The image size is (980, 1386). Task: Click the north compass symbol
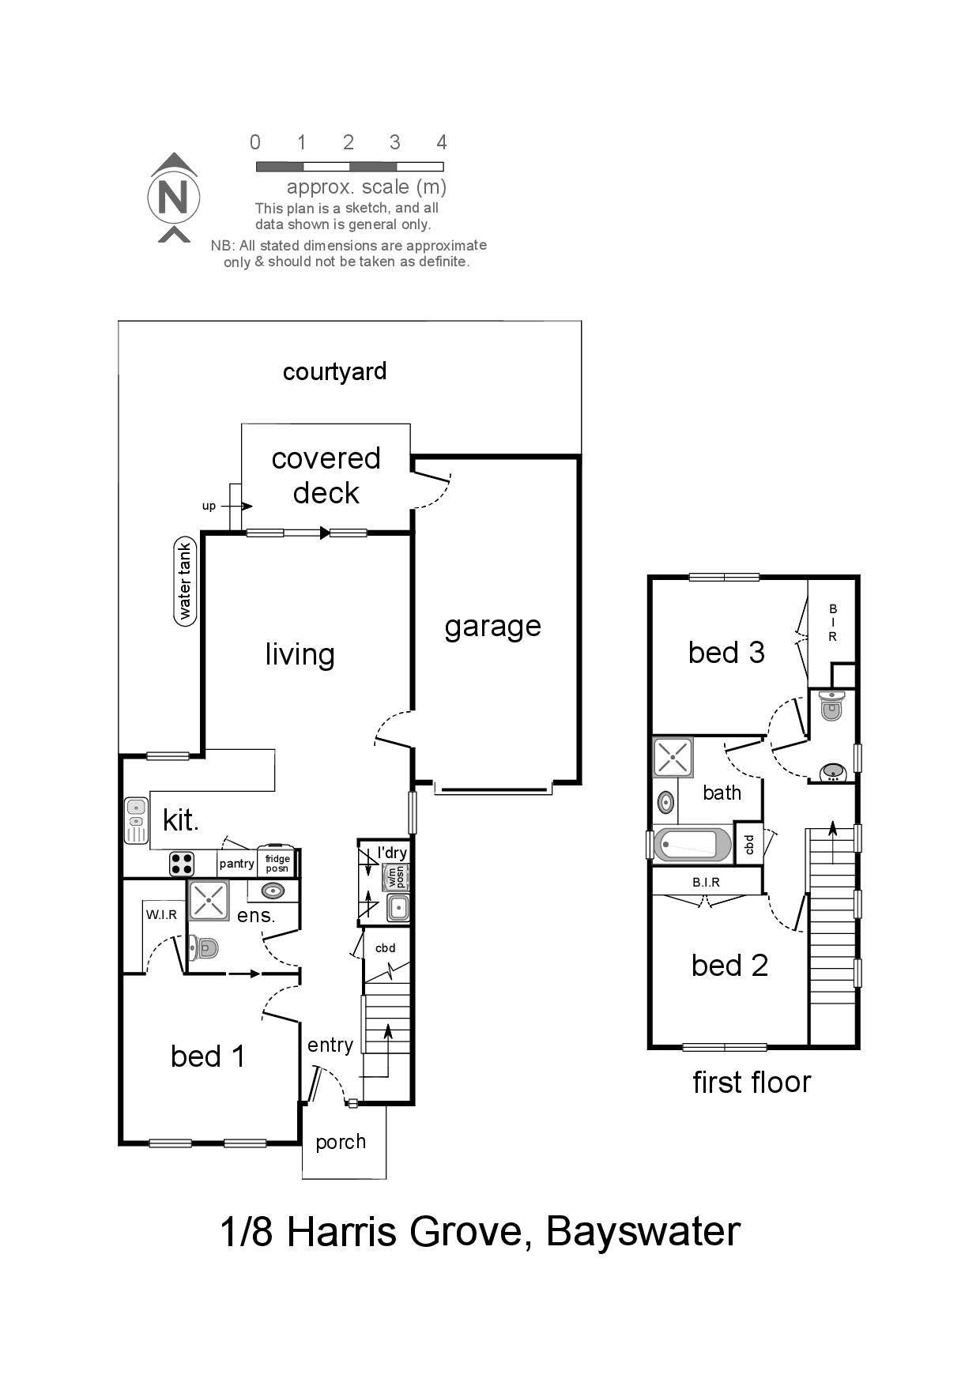[173, 198]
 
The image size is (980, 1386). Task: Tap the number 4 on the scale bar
[442, 142]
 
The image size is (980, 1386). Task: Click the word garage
[492, 627]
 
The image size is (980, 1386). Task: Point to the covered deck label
[326, 476]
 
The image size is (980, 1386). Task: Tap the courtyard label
[334, 371]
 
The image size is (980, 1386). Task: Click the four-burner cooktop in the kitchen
[181, 864]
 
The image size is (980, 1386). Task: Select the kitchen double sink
[136, 821]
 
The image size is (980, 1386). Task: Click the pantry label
[236, 864]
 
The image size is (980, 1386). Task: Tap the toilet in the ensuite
[203, 947]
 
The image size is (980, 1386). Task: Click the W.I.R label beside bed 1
[161, 915]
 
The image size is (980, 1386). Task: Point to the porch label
[341, 1142]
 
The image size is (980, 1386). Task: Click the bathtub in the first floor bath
[693, 844]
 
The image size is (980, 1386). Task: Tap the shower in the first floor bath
[673, 758]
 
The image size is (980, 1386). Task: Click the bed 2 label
[729, 966]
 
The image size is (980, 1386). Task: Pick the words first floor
[752, 1083]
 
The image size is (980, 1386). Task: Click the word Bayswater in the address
[643, 1231]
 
